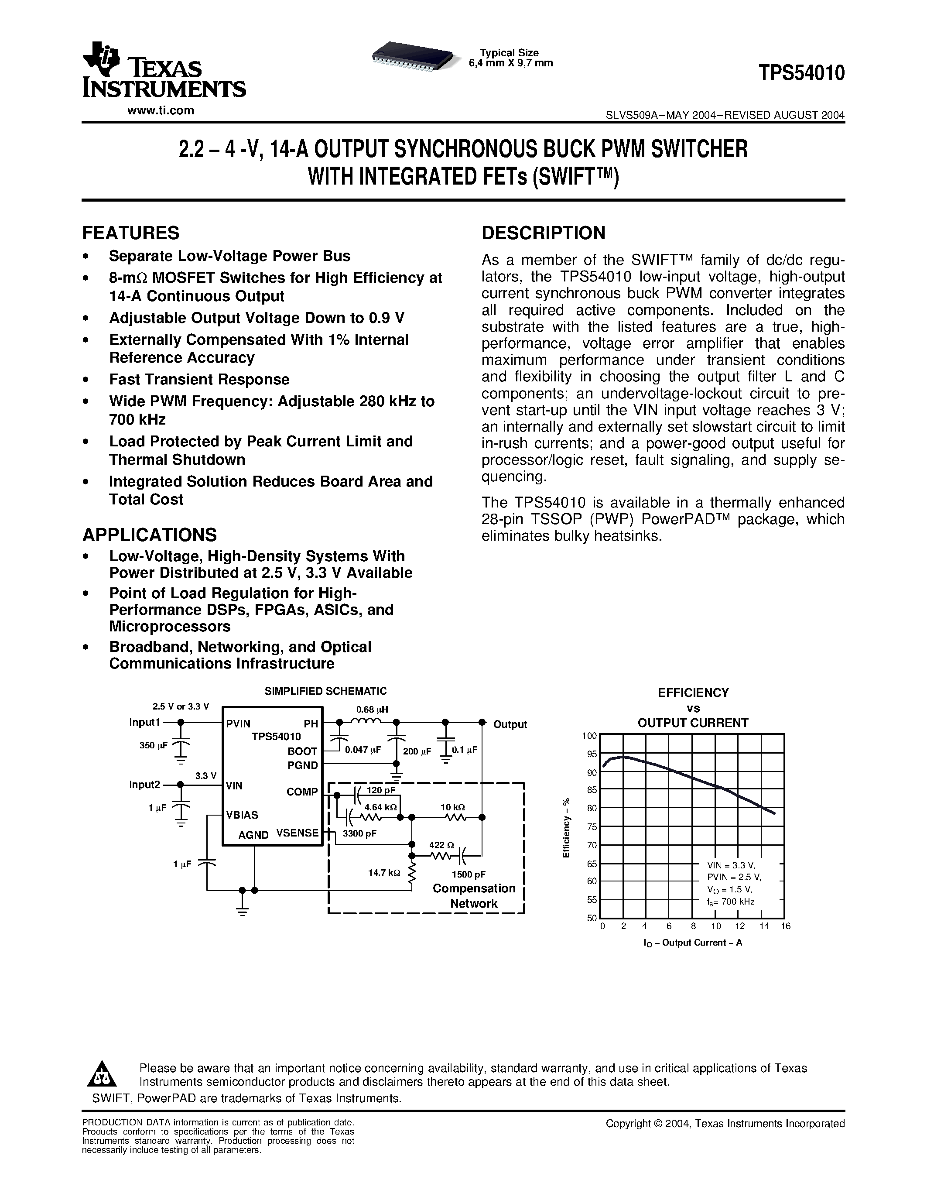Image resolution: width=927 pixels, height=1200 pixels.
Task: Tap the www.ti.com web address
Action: [161, 110]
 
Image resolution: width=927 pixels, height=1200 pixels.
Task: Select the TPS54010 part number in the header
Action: [801, 73]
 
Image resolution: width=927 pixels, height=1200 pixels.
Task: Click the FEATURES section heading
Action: [131, 233]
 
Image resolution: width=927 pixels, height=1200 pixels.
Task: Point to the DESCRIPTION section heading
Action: [543, 233]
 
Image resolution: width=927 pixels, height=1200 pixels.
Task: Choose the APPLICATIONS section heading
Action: [149, 535]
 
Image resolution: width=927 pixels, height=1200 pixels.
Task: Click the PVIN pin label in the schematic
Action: [238, 723]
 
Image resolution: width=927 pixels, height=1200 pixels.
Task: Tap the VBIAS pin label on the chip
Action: [242, 815]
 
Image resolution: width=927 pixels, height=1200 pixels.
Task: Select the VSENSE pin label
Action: [297, 833]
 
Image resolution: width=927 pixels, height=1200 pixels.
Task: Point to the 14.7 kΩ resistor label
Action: [384, 873]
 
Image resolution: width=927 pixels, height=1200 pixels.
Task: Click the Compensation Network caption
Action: [473, 896]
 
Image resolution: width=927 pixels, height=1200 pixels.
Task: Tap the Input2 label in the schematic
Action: [144, 785]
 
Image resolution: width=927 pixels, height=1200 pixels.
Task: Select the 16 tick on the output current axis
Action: [785, 926]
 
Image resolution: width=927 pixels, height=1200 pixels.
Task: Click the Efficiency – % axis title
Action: [566, 827]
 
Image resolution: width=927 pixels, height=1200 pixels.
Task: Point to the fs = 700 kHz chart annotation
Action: [731, 902]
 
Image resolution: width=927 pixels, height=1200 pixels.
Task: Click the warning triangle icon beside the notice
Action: [102, 1074]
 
